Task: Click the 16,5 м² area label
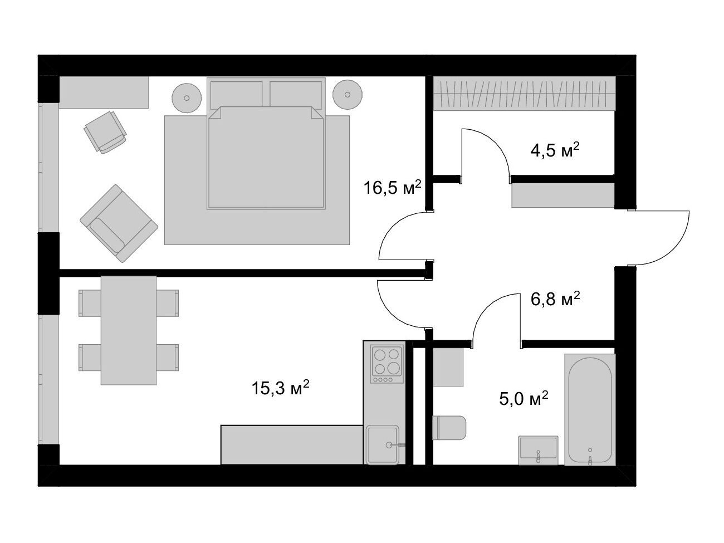(x=392, y=188)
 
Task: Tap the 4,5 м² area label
(x=555, y=150)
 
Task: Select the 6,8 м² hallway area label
(x=555, y=299)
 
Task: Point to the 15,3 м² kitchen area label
(x=280, y=388)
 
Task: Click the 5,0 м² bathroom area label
(x=524, y=399)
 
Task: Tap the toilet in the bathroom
(x=449, y=428)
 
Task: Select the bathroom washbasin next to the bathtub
(x=539, y=451)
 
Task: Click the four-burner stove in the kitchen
(x=387, y=364)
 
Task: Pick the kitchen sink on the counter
(x=383, y=445)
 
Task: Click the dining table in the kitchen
(x=129, y=330)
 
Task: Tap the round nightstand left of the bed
(x=187, y=98)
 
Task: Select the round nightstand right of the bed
(x=348, y=95)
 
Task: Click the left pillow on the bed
(x=237, y=95)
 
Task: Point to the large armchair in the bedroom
(x=119, y=223)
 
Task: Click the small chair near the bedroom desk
(x=105, y=132)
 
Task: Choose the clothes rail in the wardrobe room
(x=524, y=94)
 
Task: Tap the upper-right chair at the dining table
(x=167, y=303)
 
